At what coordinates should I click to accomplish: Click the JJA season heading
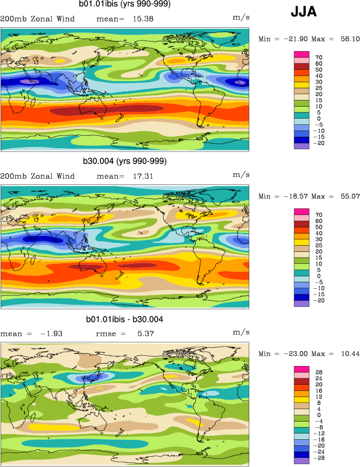pyautogui.click(x=304, y=12)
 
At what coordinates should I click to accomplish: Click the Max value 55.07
pyautogui.click(x=348, y=196)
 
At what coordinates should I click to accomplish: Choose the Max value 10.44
pyautogui.click(x=348, y=354)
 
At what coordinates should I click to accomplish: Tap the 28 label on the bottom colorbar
pyautogui.click(x=318, y=372)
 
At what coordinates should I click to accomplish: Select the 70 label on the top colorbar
pyautogui.click(x=318, y=57)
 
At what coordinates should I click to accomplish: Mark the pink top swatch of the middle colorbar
pyautogui.click(x=301, y=212)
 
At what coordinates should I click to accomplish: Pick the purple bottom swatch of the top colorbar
pyautogui.click(x=301, y=146)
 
